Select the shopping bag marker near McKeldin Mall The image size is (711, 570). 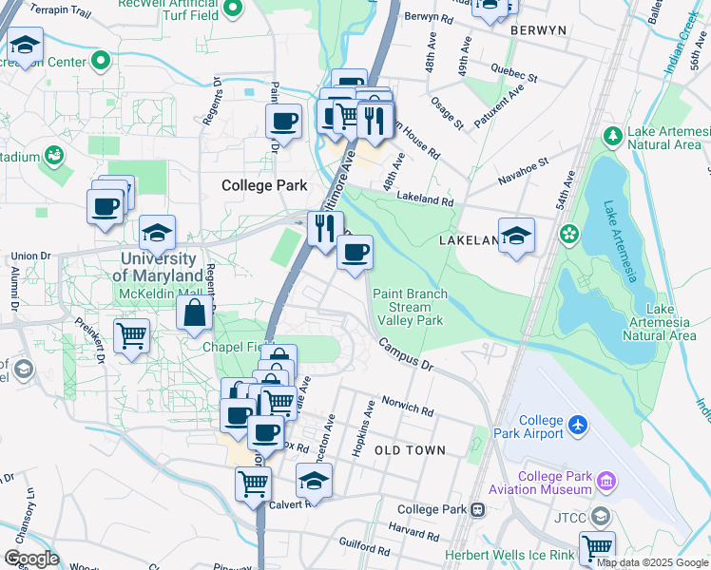(194, 313)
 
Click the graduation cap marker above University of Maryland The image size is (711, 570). (157, 233)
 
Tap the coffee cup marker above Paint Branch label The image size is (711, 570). (355, 253)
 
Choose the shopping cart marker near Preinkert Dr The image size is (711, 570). (131, 335)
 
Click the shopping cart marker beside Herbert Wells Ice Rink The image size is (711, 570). (597, 547)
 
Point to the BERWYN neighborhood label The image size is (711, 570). (538, 30)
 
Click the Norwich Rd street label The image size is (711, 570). (407, 407)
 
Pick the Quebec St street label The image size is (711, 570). (514, 73)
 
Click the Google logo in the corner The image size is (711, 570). (30, 558)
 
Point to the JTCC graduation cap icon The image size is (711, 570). (600, 517)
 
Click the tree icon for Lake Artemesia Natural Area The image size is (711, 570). (613, 136)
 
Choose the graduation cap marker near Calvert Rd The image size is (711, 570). (313, 480)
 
